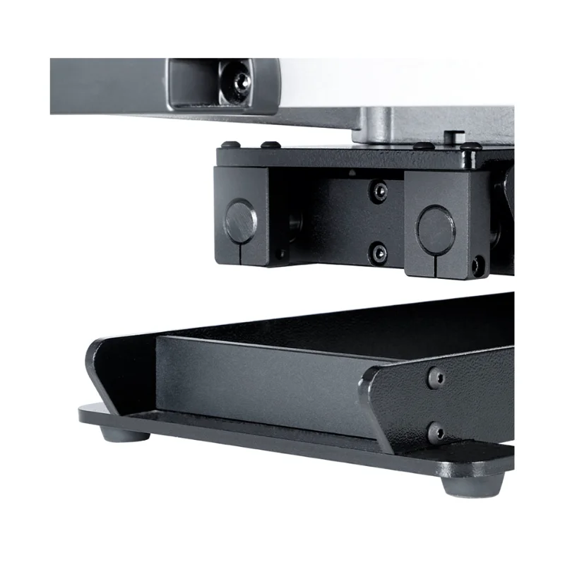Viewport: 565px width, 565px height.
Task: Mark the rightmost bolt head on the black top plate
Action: (470, 147)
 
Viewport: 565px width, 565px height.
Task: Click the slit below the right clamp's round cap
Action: (433, 265)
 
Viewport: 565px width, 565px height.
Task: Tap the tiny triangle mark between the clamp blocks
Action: (352, 172)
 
